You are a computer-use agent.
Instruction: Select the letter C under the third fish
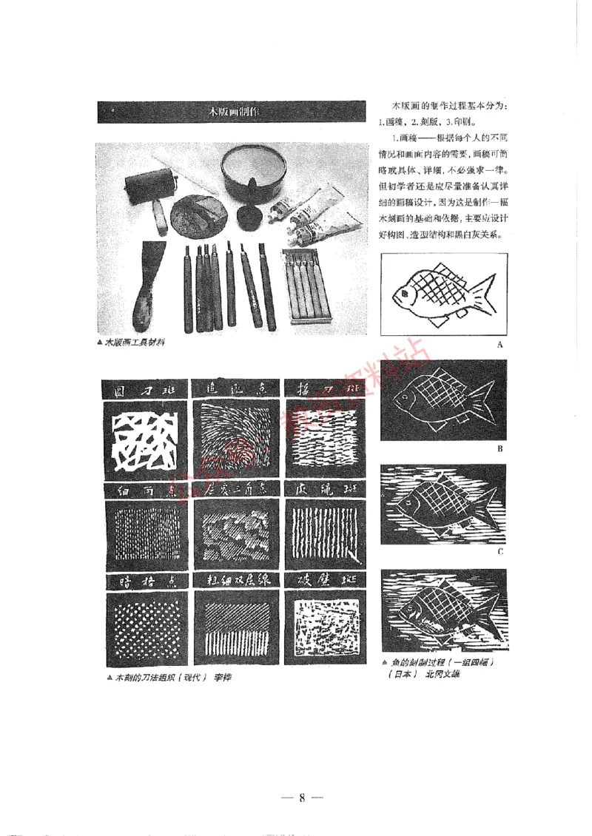[x=500, y=551]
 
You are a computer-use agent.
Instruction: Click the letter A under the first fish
[x=500, y=345]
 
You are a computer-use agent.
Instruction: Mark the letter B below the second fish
[x=500, y=449]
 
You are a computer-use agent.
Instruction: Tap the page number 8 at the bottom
[x=302, y=797]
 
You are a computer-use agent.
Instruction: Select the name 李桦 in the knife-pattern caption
[x=222, y=678]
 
